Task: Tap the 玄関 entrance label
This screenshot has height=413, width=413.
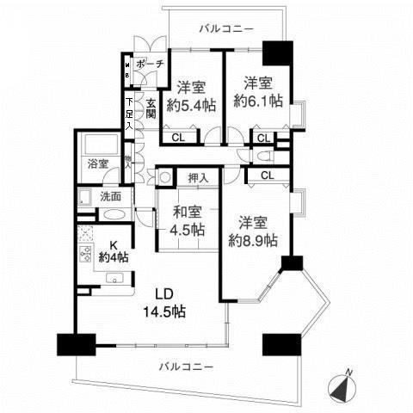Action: (x=151, y=108)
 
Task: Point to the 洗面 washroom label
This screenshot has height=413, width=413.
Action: (x=109, y=196)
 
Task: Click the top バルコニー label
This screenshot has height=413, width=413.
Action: (x=226, y=28)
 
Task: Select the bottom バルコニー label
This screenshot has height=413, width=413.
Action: (x=186, y=367)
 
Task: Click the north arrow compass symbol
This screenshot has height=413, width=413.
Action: (x=344, y=385)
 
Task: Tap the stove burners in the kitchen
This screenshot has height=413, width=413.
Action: (x=86, y=255)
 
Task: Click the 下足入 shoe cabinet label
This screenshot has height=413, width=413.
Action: (x=129, y=114)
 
